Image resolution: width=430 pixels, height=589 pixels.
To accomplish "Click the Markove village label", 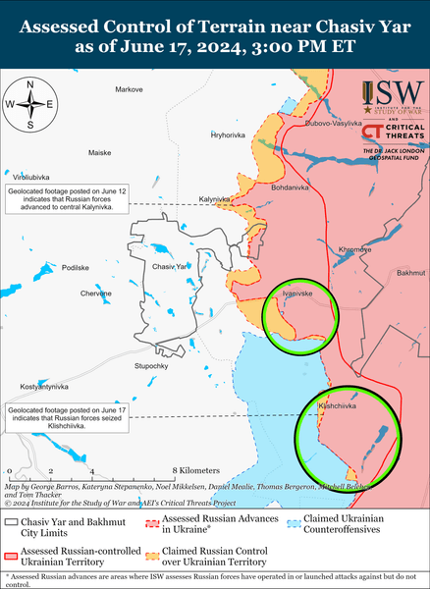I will click(x=129, y=90).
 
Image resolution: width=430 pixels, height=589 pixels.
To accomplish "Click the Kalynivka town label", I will click(x=215, y=199).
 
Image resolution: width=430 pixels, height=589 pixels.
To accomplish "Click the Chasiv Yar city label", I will click(x=170, y=267).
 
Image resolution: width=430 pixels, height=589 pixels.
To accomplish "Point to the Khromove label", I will click(x=354, y=249).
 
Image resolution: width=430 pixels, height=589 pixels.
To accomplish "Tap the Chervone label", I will click(x=95, y=294).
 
